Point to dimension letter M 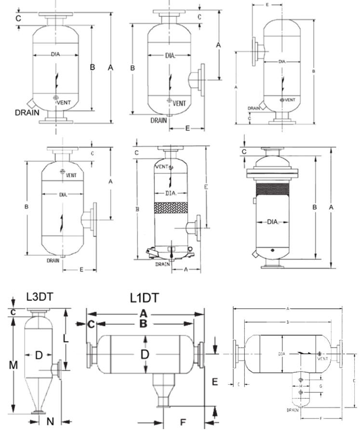pos(13,365)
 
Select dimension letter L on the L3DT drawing pos(66,339)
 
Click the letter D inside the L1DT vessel pos(145,354)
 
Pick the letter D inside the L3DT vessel pos(39,355)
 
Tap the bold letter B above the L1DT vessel pos(143,323)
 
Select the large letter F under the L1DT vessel pos(183,422)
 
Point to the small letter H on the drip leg pos(300,386)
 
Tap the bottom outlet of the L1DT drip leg pos(163,406)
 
